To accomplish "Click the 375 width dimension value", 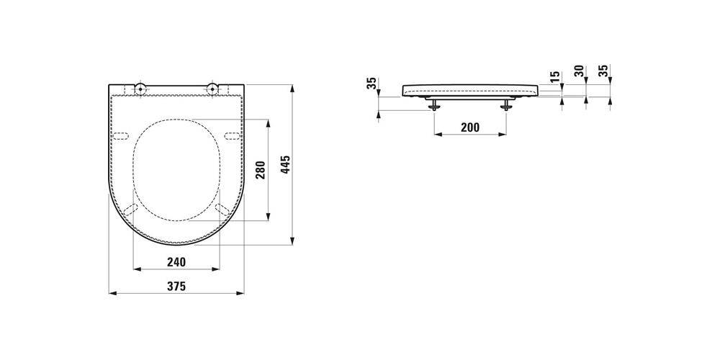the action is (x=176, y=286).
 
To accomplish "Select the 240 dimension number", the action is (x=176, y=262).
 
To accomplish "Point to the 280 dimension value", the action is (x=260, y=171).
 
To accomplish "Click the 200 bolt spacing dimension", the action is (x=469, y=127).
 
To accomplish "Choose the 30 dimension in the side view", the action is (x=580, y=71).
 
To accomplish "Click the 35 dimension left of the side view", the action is (x=372, y=83).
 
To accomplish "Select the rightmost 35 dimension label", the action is (x=604, y=71).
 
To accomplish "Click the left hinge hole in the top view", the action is (x=140, y=88).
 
